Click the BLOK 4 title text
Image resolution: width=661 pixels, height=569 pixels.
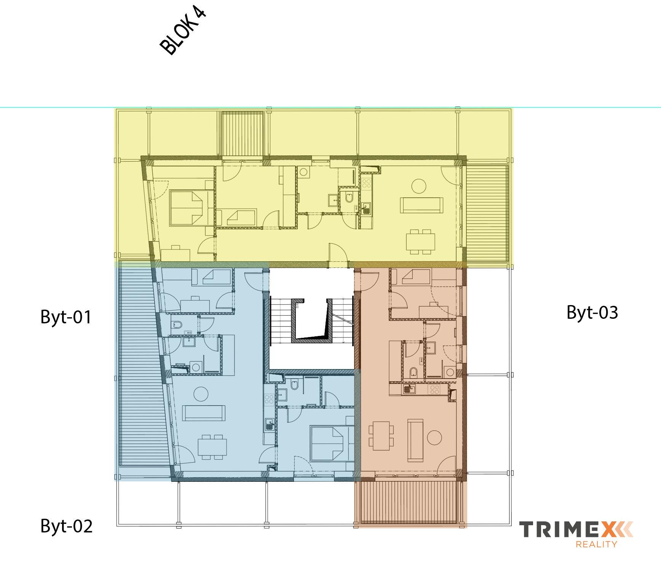pyautogui.click(x=183, y=31)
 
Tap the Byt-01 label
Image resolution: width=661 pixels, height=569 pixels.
pyautogui.click(x=66, y=317)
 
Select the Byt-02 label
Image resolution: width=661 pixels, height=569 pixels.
pyautogui.click(x=66, y=526)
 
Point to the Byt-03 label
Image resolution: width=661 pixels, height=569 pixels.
pyautogui.click(x=592, y=312)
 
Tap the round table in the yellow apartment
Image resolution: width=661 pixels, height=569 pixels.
pyautogui.click(x=419, y=186)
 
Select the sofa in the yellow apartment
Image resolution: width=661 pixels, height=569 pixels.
pyautogui.click(x=422, y=206)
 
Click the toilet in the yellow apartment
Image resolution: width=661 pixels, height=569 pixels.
pyautogui.click(x=349, y=198)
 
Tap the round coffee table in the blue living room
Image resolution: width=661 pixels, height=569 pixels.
pyautogui.click(x=201, y=393)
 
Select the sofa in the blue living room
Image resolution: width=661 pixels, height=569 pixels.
pyautogui.click(x=204, y=414)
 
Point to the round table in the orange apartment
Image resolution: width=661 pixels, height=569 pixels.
pyautogui.click(x=434, y=437)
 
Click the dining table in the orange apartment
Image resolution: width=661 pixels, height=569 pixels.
pyautogui.click(x=381, y=434)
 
